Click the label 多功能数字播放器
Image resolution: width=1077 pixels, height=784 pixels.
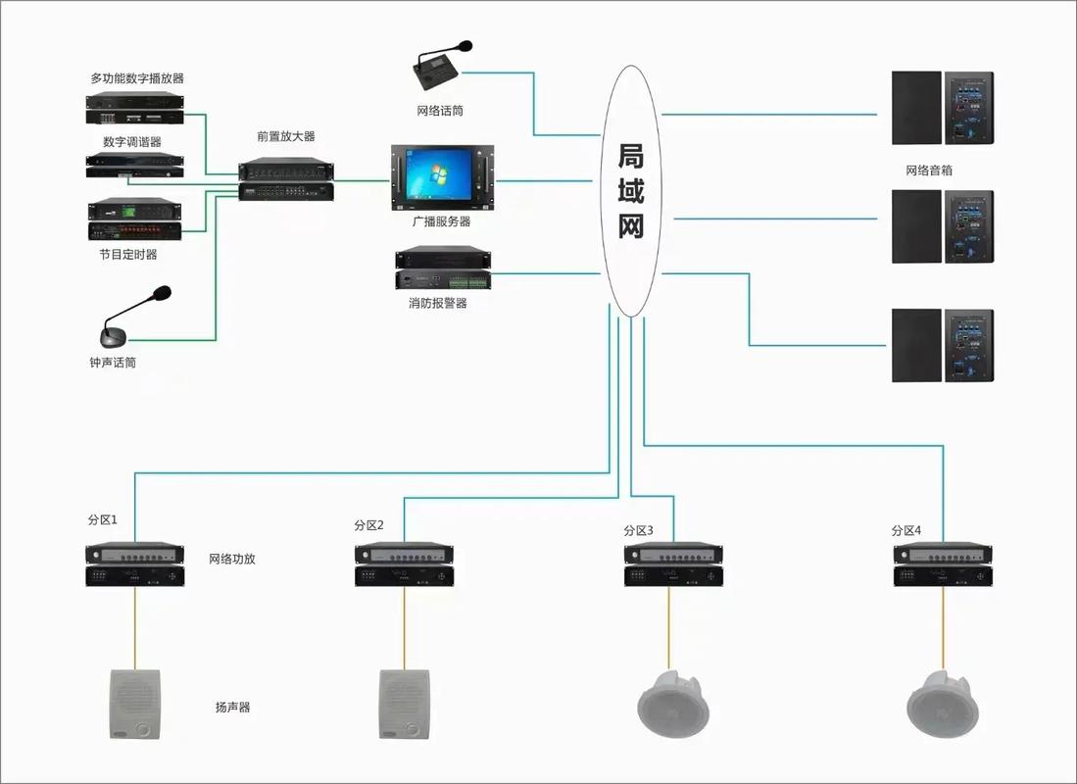click(137, 77)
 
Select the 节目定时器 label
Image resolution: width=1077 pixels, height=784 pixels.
click(127, 255)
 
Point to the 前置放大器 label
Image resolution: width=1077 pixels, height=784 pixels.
click(286, 137)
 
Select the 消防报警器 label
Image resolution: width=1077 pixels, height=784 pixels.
click(438, 304)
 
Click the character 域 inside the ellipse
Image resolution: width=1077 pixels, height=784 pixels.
click(631, 191)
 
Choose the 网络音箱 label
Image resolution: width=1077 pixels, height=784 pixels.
click(929, 171)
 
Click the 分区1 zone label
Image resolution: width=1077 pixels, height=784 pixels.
click(103, 519)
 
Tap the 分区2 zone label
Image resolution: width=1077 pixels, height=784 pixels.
click(369, 525)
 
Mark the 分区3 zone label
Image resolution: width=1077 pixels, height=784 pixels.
click(638, 530)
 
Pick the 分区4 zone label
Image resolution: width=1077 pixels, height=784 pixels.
click(906, 530)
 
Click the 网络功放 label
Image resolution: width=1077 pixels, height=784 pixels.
click(233, 560)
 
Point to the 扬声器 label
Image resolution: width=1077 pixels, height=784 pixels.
click(233, 707)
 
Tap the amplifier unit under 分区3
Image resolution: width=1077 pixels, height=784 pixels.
click(674, 565)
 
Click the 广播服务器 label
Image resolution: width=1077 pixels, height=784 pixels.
click(441, 222)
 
